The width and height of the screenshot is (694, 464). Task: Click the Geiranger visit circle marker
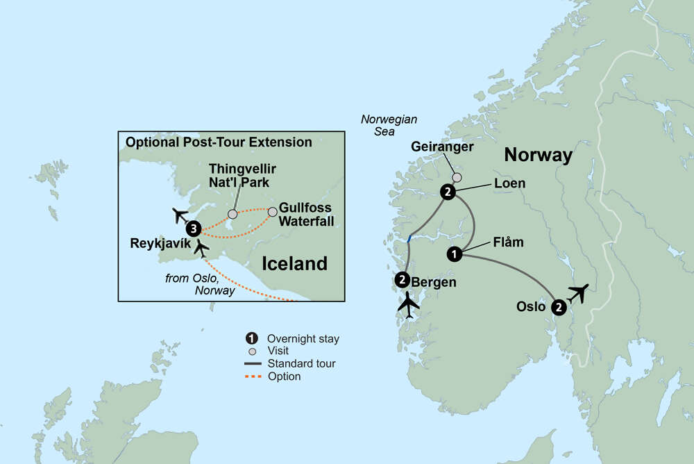457,177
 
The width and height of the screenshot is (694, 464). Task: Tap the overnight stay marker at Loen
448,192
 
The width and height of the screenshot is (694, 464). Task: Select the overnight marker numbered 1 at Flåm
455,254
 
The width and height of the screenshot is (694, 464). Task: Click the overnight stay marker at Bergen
402,281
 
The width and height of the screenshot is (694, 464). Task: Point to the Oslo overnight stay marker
559,306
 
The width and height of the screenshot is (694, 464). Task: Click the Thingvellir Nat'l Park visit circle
232,214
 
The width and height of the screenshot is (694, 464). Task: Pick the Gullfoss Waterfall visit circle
272,210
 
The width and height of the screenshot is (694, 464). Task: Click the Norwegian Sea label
389,125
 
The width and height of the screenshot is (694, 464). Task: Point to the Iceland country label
294,263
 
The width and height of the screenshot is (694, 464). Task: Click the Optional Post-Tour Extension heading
218,142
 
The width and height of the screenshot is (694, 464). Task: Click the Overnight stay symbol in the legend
250,339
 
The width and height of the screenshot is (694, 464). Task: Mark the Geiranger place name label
441,147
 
